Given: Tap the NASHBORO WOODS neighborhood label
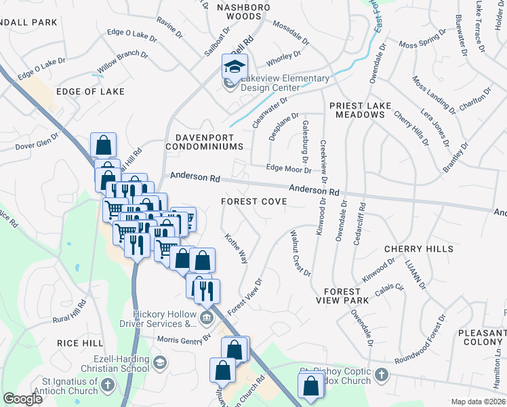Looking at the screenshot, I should tap(243, 12).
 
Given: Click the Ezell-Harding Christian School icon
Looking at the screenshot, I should tap(159, 362).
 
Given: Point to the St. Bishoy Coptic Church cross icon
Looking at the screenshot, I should tap(382, 374).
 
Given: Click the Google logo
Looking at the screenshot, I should tap(23, 398).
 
